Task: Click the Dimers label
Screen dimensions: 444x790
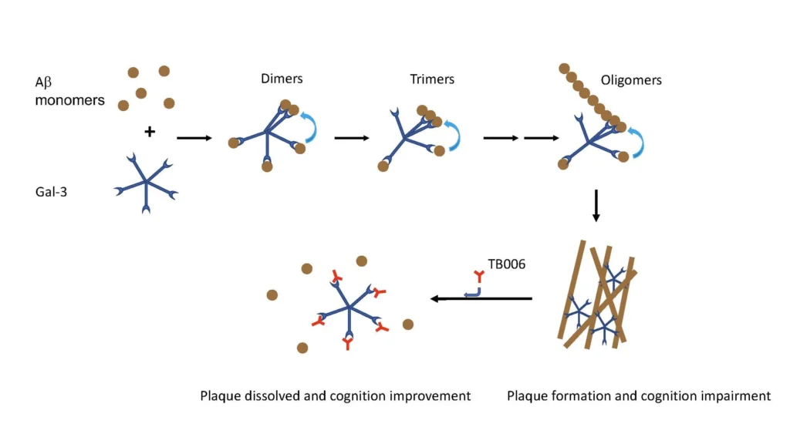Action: point(282,79)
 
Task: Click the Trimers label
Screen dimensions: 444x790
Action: point(432,79)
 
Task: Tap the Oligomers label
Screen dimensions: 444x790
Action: point(631,80)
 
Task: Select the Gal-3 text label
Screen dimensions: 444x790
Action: point(51,192)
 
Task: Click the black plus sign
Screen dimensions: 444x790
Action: point(150,132)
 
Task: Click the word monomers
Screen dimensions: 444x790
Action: point(69,100)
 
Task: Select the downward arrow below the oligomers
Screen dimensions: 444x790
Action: point(596,205)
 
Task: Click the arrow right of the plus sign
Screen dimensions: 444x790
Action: point(194,138)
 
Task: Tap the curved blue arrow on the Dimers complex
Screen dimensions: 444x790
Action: point(309,126)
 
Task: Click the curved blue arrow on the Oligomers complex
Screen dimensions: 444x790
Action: point(639,142)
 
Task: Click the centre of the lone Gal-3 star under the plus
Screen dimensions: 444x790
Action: point(146,183)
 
